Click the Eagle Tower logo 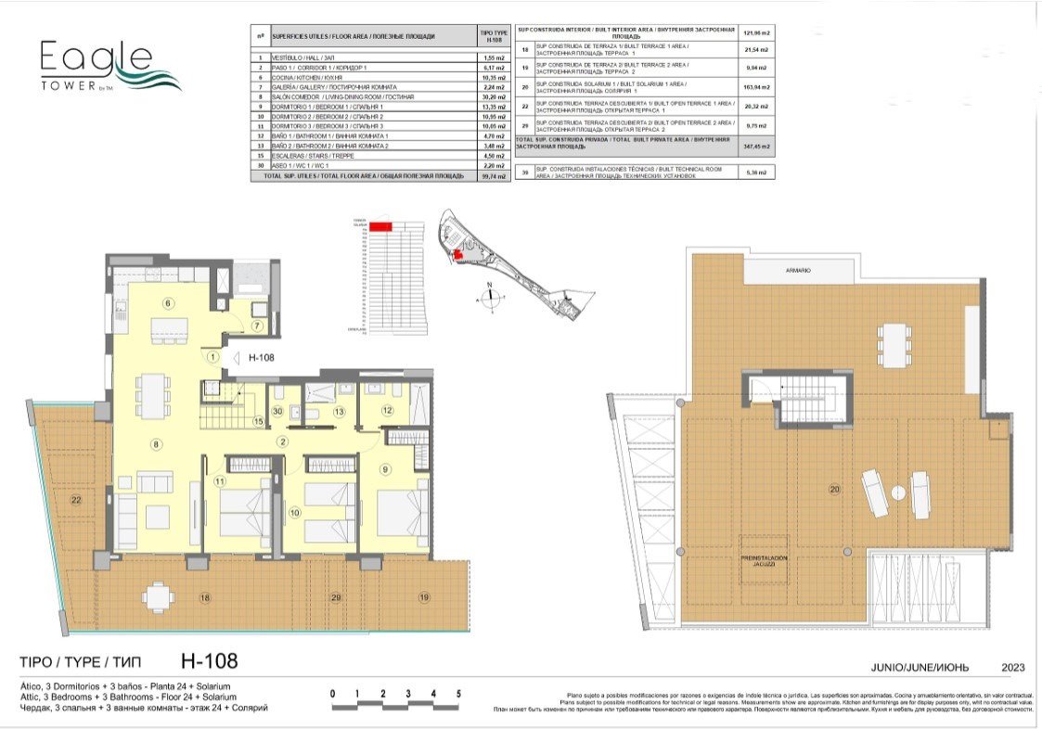(x=109, y=66)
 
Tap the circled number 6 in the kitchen (x=168, y=303)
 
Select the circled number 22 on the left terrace (x=75, y=501)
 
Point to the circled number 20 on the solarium (x=833, y=489)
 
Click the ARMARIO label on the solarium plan (x=795, y=270)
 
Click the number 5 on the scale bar (x=458, y=693)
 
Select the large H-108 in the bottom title (x=209, y=660)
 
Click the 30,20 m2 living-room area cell (x=493, y=96)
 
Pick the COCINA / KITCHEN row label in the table (x=306, y=77)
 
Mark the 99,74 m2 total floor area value (x=493, y=174)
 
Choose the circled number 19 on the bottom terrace (x=422, y=597)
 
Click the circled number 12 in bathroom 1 (x=387, y=410)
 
